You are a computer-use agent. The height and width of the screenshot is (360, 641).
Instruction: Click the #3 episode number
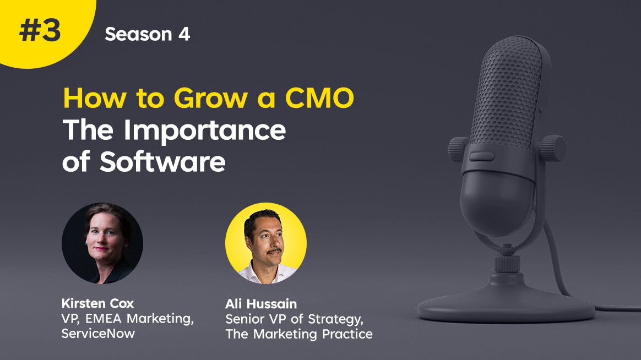point(40,31)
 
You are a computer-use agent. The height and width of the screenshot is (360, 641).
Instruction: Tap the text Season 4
point(147,34)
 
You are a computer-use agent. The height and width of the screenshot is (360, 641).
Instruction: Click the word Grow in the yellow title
point(210,98)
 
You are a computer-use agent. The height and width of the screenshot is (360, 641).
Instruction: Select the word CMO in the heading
point(319,98)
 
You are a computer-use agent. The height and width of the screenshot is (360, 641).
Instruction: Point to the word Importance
point(204,131)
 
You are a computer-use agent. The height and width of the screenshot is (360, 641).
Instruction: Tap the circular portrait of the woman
point(102,243)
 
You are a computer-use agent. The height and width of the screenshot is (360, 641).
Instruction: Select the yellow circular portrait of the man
point(266,243)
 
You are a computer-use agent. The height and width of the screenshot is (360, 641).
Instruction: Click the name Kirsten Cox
point(97,303)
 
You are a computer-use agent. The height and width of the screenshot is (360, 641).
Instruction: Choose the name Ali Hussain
point(261,304)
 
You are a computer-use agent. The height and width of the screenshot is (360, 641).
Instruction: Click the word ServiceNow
point(98,334)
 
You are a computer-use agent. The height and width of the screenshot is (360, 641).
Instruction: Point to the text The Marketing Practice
point(299,334)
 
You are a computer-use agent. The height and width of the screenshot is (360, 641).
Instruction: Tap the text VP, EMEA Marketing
point(128,319)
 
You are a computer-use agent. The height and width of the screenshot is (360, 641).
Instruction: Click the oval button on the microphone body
point(481,156)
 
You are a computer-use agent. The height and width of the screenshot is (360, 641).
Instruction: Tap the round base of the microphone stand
point(506,301)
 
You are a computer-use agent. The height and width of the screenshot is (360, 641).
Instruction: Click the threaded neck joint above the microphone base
point(507,264)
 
